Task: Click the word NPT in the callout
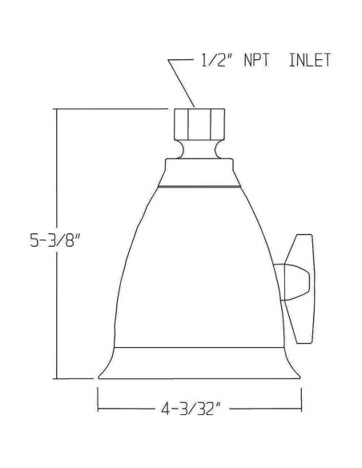click(x=255, y=60)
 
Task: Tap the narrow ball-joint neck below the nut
click(x=199, y=150)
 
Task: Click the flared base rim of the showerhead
click(x=199, y=362)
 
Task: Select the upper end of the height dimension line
click(x=56, y=111)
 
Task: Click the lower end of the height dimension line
click(x=56, y=377)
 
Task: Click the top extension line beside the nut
click(x=112, y=110)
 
